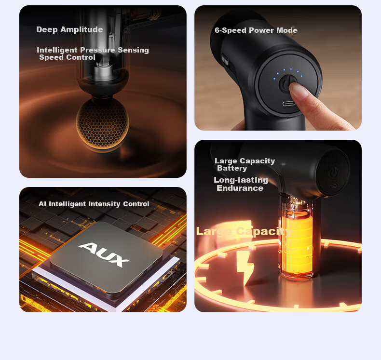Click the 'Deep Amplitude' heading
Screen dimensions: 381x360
tap(69, 29)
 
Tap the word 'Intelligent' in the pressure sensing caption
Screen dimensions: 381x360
tap(57, 50)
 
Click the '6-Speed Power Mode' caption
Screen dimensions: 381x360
tap(256, 30)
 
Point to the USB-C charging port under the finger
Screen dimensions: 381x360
tap(289, 104)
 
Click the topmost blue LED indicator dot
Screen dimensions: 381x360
tap(291, 69)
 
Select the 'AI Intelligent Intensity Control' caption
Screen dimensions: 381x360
tap(94, 204)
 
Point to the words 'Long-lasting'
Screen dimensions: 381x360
tap(241, 180)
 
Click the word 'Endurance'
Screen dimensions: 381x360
tap(240, 188)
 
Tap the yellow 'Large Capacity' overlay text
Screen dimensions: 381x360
tap(244, 231)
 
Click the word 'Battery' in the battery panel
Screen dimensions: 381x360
tap(232, 168)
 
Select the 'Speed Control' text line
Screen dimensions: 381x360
tap(67, 57)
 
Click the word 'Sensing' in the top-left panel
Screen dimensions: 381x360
tap(133, 50)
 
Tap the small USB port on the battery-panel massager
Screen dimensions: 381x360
tap(333, 187)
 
